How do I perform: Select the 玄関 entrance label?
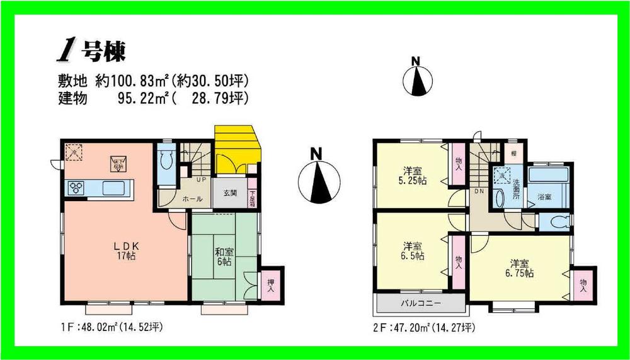pos(229,193)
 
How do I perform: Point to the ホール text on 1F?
pos(192,199)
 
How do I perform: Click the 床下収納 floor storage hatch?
pos(118,163)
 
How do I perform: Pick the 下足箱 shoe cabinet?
pos(253,198)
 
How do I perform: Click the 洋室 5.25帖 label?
pos(413,175)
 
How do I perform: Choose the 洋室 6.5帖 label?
pos(413,251)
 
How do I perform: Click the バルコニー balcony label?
pos(421,303)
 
